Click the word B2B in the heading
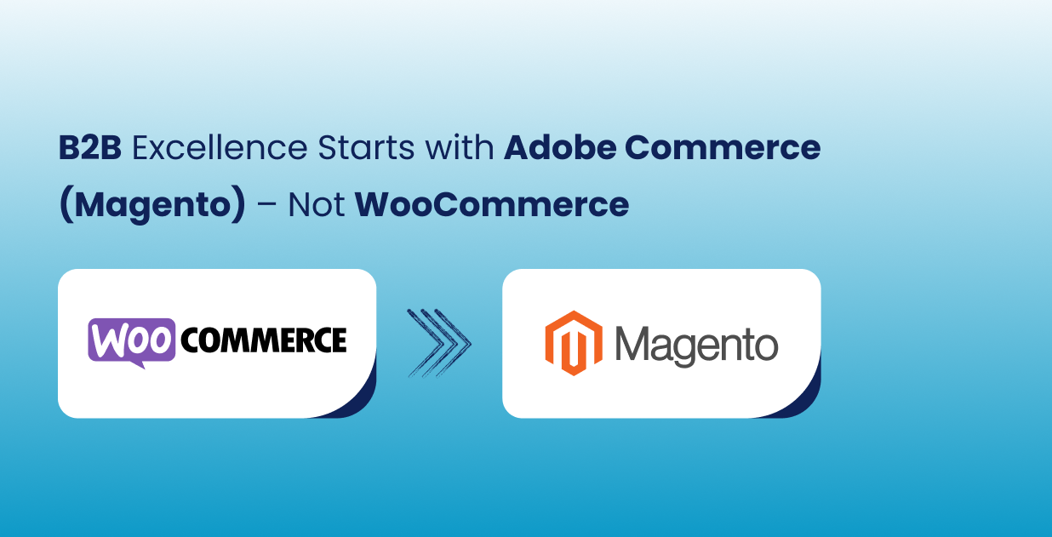(x=90, y=148)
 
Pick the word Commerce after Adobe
(x=723, y=148)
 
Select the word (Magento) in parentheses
(x=152, y=205)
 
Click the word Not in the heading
(x=317, y=205)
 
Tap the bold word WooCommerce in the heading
(x=492, y=205)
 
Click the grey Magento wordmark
(x=696, y=345)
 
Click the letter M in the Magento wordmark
(x=635, y=343)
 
